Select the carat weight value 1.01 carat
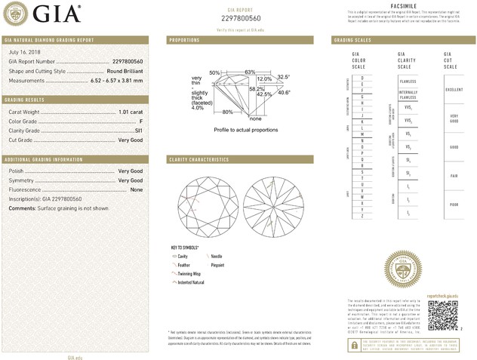(131, 112)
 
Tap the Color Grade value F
(141, 122)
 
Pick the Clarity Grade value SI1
(138, 131)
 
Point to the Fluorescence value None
(137, 189)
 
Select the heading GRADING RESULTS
(26, 100)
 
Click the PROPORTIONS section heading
(185, 39)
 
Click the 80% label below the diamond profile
(226, 112)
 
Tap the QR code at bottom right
(442, 312)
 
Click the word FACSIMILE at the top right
(405, 6)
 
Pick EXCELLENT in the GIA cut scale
(454, 90)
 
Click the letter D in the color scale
(362, 78)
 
